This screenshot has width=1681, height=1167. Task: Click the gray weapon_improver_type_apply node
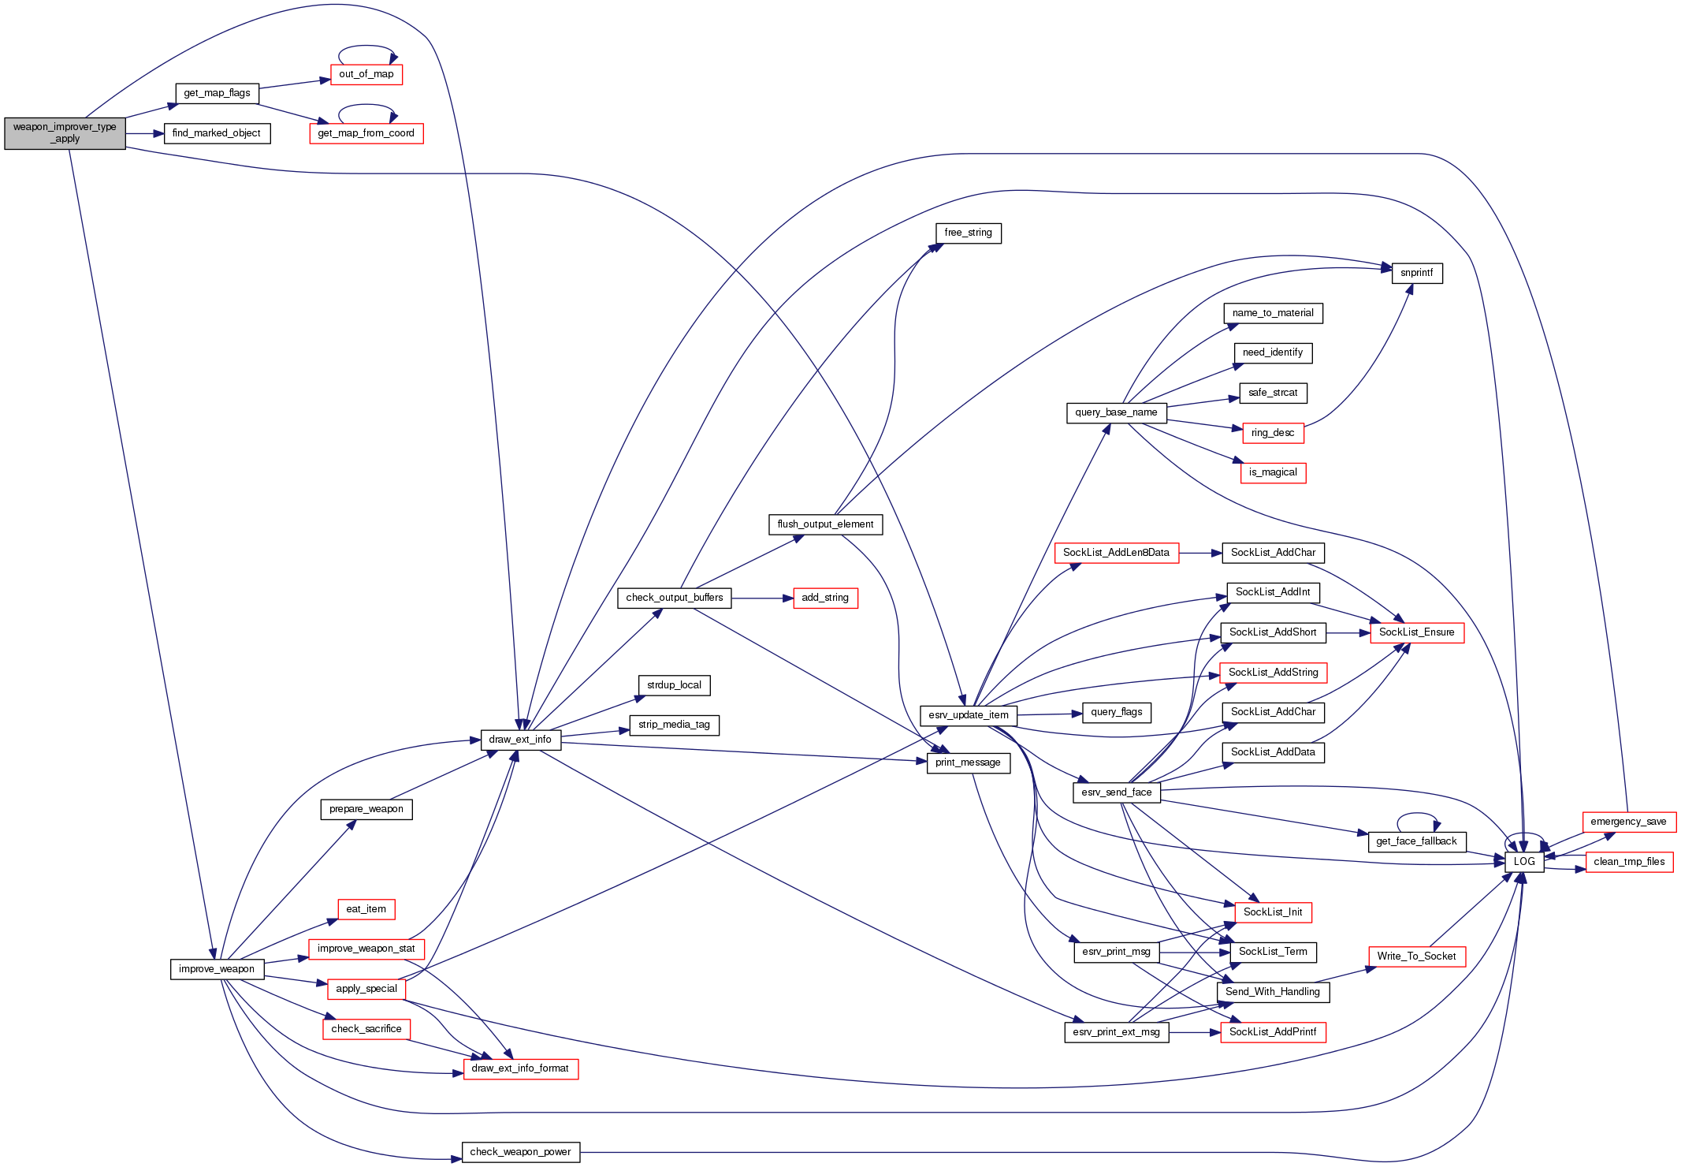tap(65, 133)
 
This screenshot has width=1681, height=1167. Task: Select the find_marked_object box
tap(217, 133)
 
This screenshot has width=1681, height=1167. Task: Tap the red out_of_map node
tap(366, 74)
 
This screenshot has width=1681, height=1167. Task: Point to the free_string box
tap(968, 233)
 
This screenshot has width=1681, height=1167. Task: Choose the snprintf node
tap(1416, 273)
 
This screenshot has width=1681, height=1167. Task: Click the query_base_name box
tap(1116, 412)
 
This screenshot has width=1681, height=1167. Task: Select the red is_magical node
tap(1273, 472)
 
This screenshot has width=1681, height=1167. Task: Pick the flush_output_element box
tap(825, 524)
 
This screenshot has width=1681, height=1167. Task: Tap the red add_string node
tap(825, 598)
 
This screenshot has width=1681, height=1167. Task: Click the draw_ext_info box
tap(520, 740)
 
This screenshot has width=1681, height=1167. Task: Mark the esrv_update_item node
tap(969, 715)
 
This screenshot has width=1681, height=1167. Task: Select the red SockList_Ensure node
tap(1416, 632)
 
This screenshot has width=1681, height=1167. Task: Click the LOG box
tap(1523, 862)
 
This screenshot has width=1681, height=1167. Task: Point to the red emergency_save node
tap(1628, 822)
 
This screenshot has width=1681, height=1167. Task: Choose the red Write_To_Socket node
tap(1416, 956)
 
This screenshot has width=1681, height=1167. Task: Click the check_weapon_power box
tap(520, 1152)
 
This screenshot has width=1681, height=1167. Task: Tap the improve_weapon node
tap(217, 969)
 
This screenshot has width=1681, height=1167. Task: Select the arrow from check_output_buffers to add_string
tap(761, 598)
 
